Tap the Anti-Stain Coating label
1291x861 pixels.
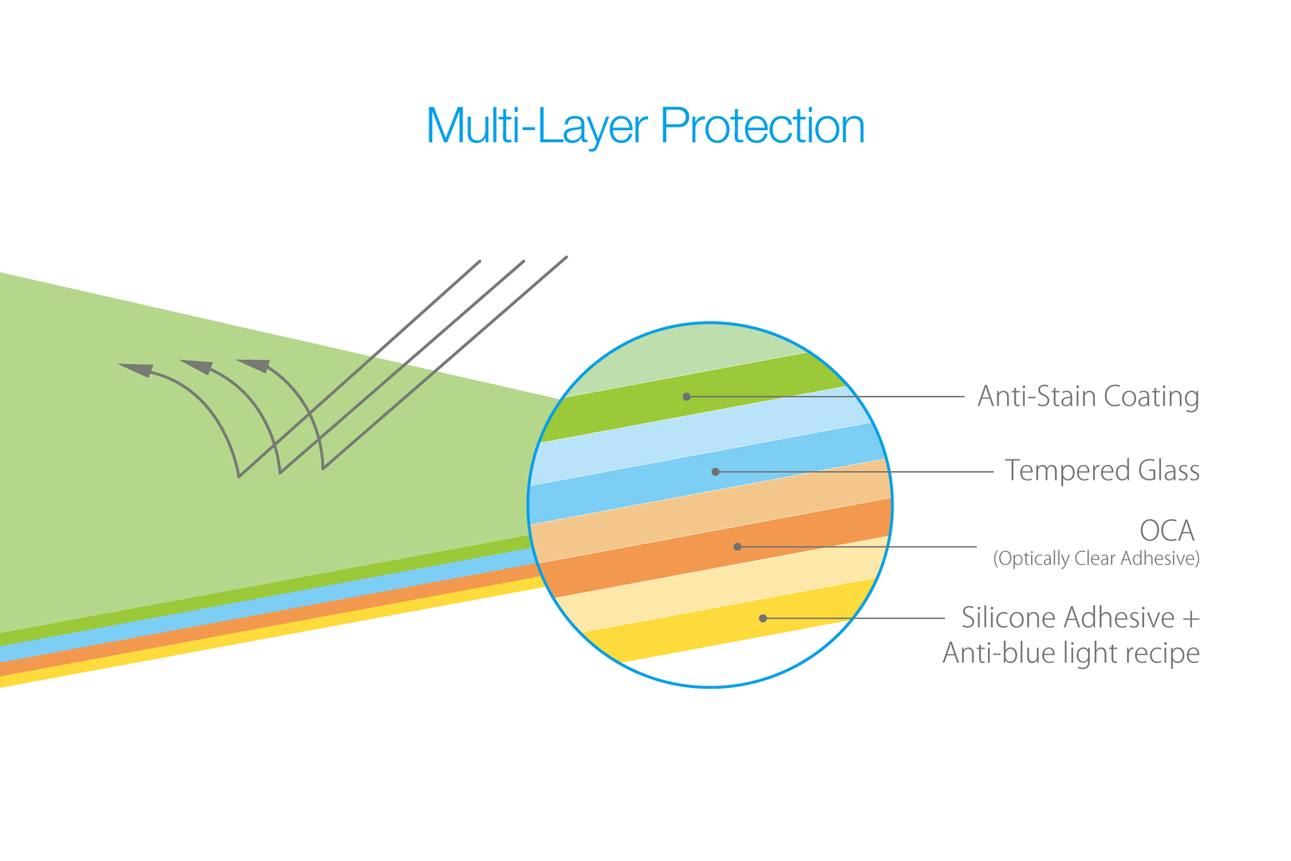[1088, 397]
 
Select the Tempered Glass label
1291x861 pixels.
[1102, 471]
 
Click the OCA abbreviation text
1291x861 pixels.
[1167, 530]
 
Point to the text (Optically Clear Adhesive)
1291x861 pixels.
[1096, 558]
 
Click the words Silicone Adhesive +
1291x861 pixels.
[1081, 617]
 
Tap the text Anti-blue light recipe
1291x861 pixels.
[1072, 653]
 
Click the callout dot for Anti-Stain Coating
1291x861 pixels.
[687, 397]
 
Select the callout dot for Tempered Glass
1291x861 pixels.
[715, 472]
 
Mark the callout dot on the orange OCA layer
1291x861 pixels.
[737, 547]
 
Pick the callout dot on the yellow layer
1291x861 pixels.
[763, 618]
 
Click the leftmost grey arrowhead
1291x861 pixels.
[137, 370]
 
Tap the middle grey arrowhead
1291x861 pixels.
[198, 367]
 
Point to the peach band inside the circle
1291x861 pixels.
[711, 511]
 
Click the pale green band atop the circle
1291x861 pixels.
[686, 357]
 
